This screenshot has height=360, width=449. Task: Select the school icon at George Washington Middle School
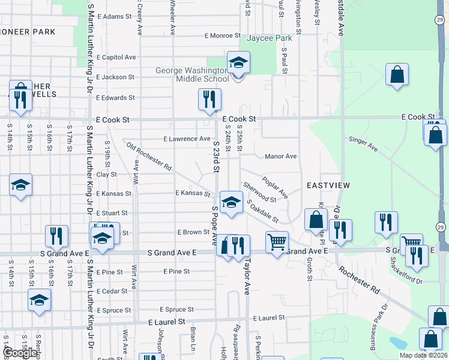click(238, 62)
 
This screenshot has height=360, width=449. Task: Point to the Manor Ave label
click(281, 157)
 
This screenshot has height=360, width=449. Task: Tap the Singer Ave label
click(363, 143)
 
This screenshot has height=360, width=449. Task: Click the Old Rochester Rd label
click(149, 155)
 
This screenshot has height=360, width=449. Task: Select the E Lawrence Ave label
click(187, 139)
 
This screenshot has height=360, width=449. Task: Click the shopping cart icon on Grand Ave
click(277, 242)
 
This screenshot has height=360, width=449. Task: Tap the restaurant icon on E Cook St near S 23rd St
click(209, 100)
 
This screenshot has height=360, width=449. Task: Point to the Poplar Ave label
click(274, 187)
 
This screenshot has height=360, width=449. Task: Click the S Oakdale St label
click(263, 212)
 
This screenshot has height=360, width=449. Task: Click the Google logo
click(20, 353)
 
